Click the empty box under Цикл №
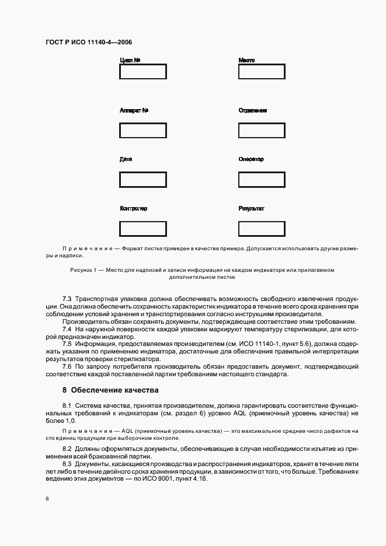click(x=142, y=72)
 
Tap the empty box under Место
click(x=262, y=72)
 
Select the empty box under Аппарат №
click(x=142, y=130)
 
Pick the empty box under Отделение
click(x=262, y=130)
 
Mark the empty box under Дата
click(x=142, y=179)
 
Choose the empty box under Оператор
click(x=262, y=179)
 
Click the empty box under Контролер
click(x=142, y=229)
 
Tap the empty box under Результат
click(x=262, y=229)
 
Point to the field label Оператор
click(x=251, y=159)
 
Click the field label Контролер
click(x=133, y=209)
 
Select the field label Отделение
click(x=253, y=110)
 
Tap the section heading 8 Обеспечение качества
click(x=110, y=390)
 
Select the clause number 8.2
click(x=67, y=449)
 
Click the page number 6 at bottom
click(x=47, y=499)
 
